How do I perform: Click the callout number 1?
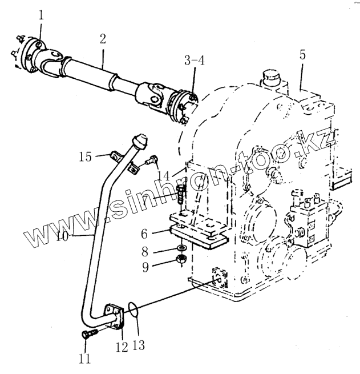tap(40, 17)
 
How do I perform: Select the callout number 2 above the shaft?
tap(103, 39)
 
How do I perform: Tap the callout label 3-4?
tap(193, 60)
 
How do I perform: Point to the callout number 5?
tap(302, 55)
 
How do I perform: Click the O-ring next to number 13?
tap(132, 310)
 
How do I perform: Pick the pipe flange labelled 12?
tap(114, 317)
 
